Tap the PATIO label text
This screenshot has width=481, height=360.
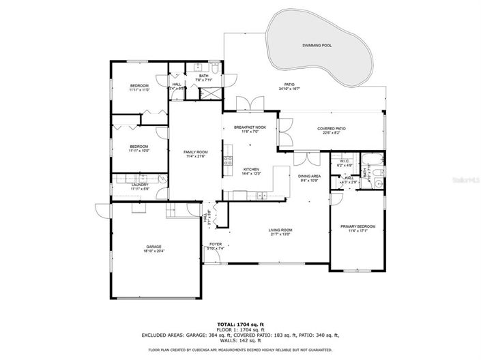point(289,85)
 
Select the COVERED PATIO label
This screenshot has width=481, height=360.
point(331,128)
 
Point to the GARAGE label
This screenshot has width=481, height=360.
point(154,247)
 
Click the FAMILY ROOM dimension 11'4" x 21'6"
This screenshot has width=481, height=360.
point(196,156)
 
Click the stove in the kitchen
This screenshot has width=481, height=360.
point(228,162)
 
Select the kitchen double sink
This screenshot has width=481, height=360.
point(259,195)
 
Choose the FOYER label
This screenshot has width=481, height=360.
point(216,244)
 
